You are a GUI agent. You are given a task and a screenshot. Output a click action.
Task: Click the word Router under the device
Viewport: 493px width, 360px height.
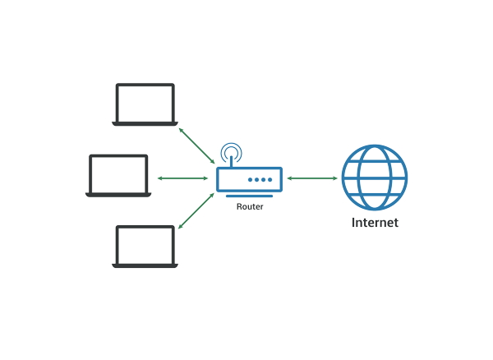[250, 207]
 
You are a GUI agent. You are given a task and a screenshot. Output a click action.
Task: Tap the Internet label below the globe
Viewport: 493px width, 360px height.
[375, 223]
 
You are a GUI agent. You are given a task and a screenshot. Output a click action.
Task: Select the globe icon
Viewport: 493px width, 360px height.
[375, 178]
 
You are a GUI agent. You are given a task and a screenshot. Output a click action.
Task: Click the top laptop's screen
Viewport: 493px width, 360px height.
[145, 103]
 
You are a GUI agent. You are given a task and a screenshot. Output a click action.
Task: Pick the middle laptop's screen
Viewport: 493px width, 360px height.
[118, 173]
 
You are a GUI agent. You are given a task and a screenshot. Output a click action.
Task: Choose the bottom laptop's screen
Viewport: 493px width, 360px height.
[145, 245]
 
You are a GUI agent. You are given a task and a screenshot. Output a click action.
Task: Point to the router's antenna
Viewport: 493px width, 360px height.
[232, 161]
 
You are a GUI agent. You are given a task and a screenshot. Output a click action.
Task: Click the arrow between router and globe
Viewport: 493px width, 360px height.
[312, 178]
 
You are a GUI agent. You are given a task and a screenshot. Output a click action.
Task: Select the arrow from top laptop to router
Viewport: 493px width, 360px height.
[196, 146]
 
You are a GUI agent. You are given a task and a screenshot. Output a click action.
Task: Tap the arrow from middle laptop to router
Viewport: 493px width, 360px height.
[182, 178]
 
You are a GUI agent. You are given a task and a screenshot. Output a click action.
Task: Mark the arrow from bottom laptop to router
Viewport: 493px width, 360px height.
[196, 210]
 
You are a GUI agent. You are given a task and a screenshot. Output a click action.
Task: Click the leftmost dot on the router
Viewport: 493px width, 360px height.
[250, 179]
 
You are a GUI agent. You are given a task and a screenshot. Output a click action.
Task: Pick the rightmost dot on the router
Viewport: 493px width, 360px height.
[270, 179]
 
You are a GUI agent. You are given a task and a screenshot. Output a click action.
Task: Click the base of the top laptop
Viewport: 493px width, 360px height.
[145, 123]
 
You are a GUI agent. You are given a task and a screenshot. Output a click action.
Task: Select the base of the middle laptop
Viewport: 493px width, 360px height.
[118, 195]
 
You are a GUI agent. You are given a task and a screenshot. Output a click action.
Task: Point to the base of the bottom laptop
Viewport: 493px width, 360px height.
[145, 265]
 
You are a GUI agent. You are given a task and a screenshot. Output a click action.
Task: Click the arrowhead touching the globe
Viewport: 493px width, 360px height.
[335, 178]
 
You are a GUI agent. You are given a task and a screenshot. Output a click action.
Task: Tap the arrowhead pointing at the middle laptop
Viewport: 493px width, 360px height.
[160, 178]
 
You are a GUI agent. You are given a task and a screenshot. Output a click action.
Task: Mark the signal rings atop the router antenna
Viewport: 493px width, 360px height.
[232, 150]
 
